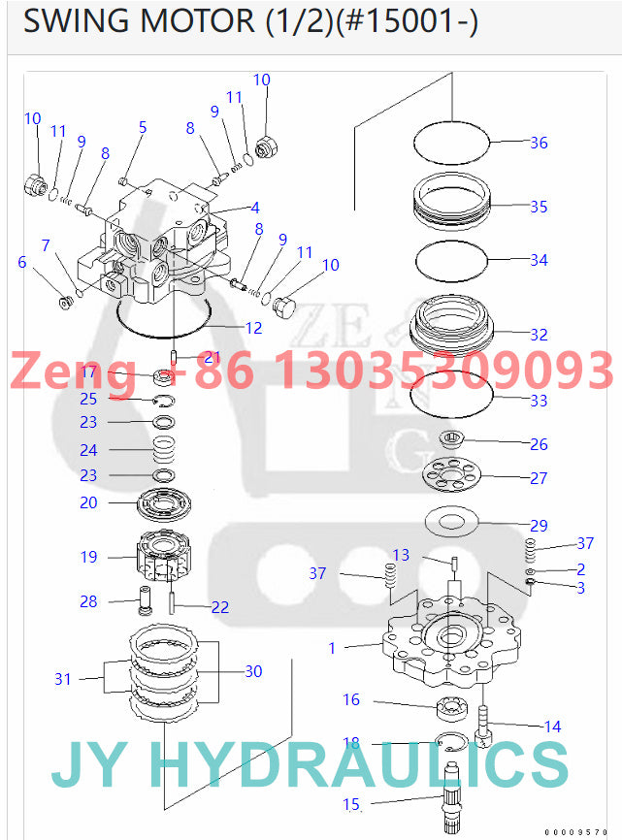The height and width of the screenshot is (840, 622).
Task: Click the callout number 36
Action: tap(539, 143)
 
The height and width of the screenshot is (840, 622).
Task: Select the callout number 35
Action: tap(539, 207)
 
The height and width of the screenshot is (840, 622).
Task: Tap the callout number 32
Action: tap(539, 335)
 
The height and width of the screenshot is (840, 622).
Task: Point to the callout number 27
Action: tap(539, 478)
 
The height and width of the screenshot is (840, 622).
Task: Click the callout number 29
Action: tap(539, 526)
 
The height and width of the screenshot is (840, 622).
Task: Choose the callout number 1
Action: tap(332, 648)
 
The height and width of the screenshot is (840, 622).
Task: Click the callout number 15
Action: tap(351, 803)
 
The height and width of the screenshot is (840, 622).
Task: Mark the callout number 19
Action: tap(88, 557)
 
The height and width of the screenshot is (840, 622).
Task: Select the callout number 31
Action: tap(63, 679)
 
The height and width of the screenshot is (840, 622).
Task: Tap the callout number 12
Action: tap(253, 328)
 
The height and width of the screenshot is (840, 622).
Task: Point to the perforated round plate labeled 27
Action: tap(452, 476)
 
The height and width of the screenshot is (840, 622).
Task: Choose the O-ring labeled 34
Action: tap(452, 260)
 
